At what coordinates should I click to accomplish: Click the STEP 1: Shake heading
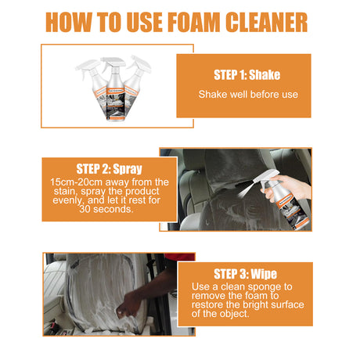[x=243, y=75]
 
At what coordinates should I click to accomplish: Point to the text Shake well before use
[x=243, y=94]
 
